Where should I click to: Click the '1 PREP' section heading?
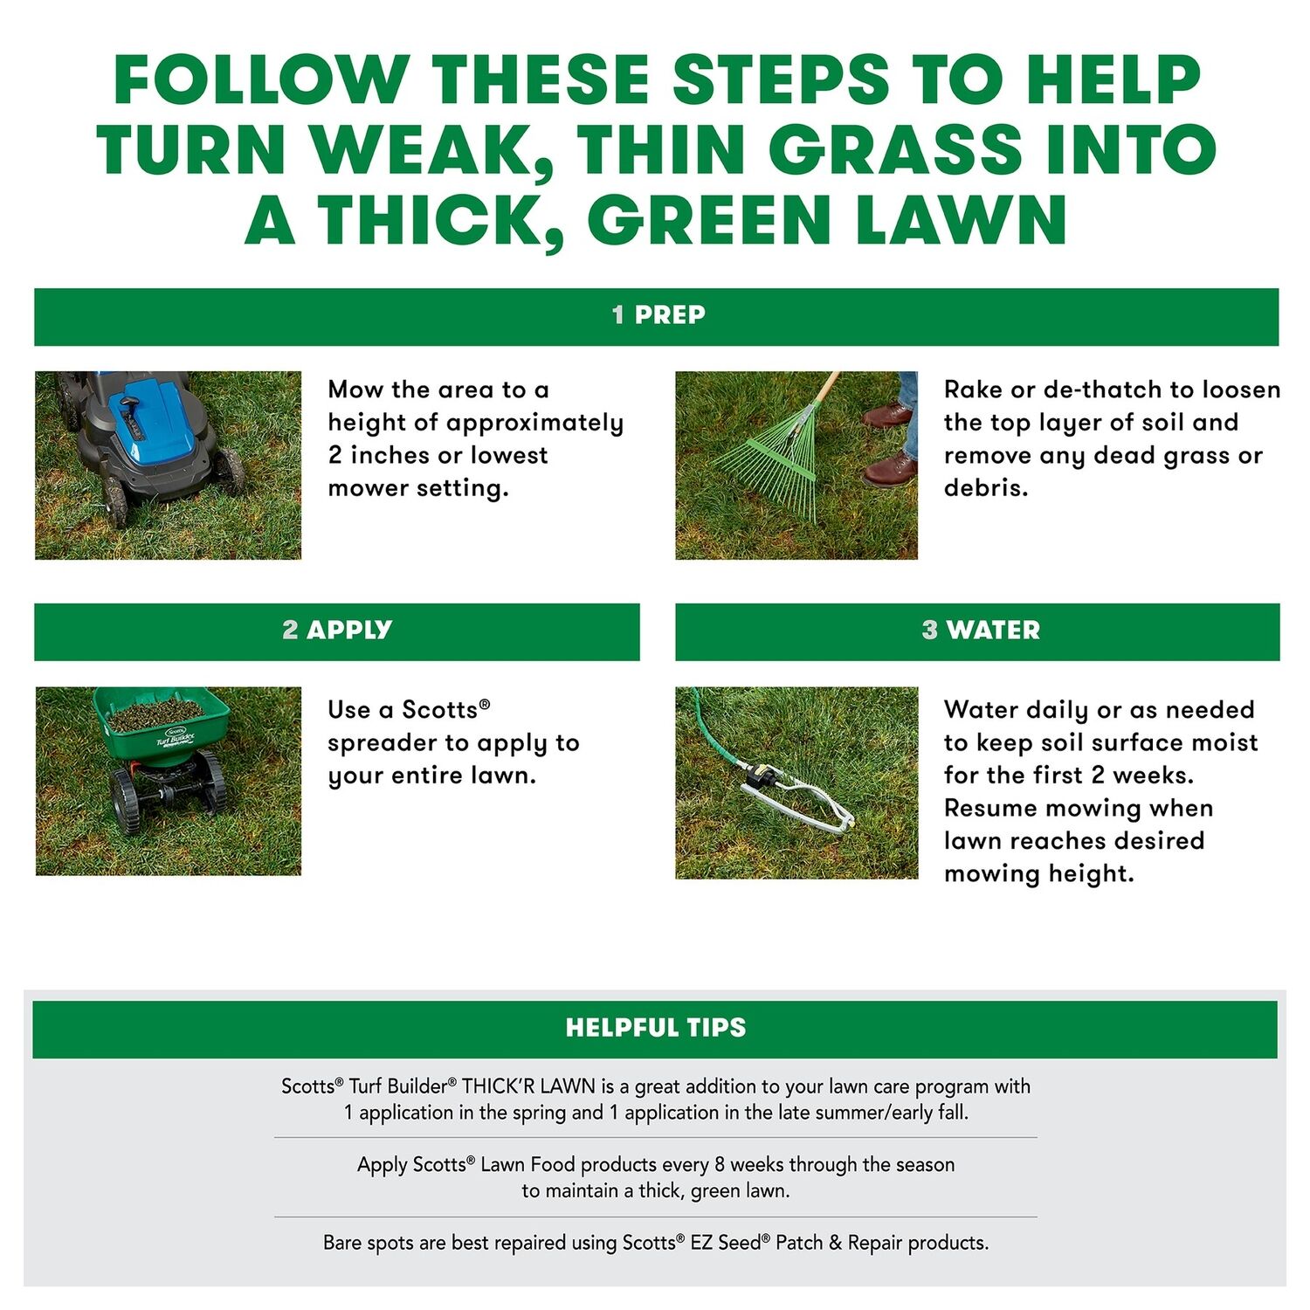tap(658, 314)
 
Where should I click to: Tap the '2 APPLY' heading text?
tap(337, 630)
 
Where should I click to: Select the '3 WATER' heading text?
tap(981, 630)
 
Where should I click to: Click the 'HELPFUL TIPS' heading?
tap(656, 1027)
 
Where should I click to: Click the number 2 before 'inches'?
tap(335, 455)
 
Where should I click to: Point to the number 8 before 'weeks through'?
tap(720, 1164)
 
